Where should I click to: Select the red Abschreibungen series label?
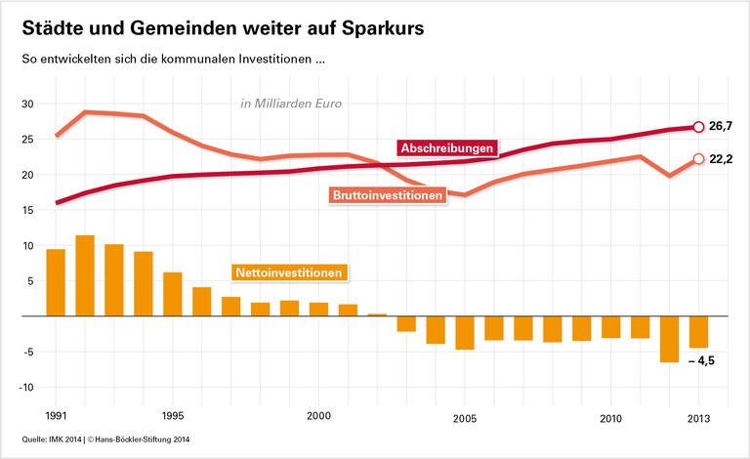[x=447, y=148]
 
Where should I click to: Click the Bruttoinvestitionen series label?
[x=388, y=195]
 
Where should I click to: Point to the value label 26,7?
[x=720, y=127]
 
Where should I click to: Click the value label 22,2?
[x=720, y=159]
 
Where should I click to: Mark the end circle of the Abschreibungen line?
[x=698, y=127]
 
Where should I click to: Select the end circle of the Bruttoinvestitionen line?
[x=698, y=159]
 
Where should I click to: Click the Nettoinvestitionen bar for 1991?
[x=56, y=283]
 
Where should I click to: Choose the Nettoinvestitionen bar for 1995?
[x=173, y=294]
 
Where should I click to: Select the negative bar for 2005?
[x=464, y=332]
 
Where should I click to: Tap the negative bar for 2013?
[x=698, y=332]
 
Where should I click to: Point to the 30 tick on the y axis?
[x=27, y=104]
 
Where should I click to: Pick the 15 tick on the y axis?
[x=27, y=210]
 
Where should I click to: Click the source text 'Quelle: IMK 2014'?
[x=46, y=440]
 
